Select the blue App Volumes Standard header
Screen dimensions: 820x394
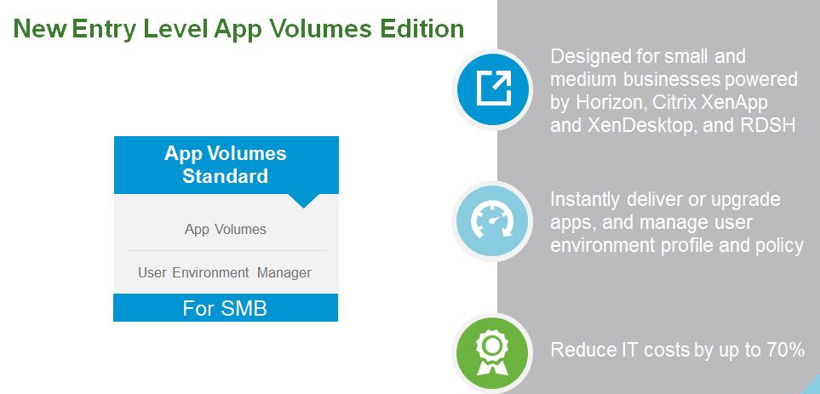[227, 165]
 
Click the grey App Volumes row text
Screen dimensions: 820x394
[226, 230]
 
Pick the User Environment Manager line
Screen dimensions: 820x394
[225, 273]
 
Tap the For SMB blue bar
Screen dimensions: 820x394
[226, 308]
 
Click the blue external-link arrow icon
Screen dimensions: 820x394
[493, 89]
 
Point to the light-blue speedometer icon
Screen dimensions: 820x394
[493, 221]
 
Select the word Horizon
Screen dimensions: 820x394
[605, 102]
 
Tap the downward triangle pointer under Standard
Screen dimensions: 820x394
[303, 201]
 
